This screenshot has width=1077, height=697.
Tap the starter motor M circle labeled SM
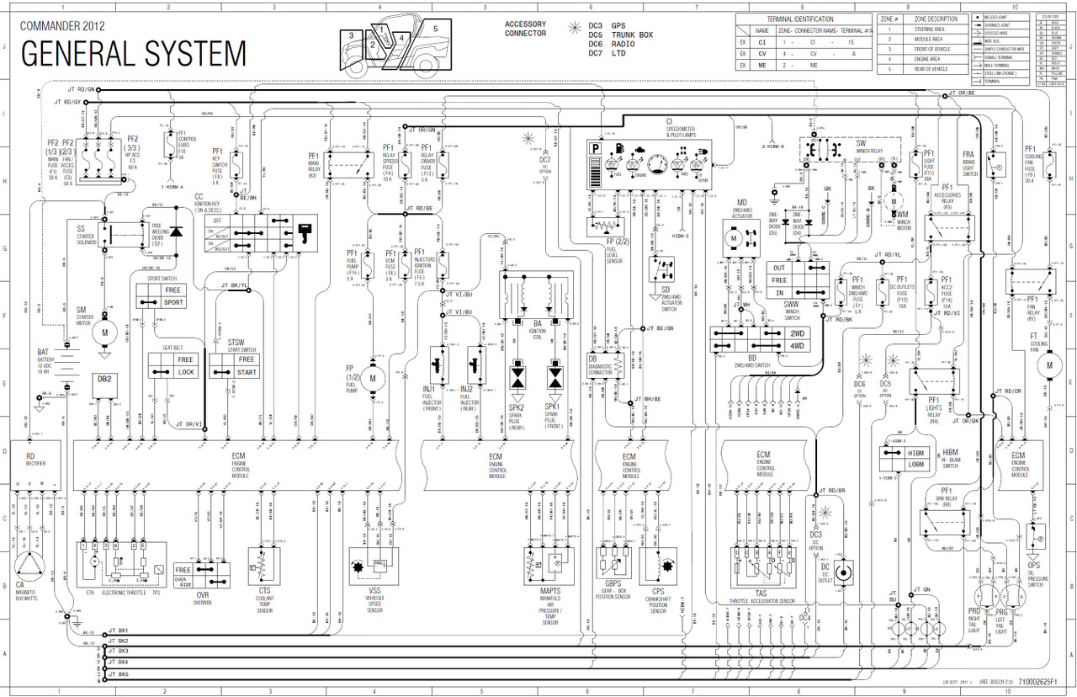tap(105, 332)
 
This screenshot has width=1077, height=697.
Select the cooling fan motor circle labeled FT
tap(1048, 365)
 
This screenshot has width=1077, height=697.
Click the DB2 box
tap(105, 380)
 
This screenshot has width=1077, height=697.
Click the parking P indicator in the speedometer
tap(596, 149)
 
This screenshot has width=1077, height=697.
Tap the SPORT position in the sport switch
tap(173, 301)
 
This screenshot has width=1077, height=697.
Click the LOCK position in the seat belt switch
tap(185, 371)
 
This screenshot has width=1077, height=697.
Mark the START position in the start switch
tap(247, 371)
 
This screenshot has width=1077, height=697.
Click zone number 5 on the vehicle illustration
tap(435, 28)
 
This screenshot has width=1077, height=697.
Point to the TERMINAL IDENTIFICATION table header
tap(800, 19)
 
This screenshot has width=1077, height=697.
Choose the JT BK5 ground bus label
tap(118, 674)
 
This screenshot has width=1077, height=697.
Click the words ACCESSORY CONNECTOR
tap(525, 29)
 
